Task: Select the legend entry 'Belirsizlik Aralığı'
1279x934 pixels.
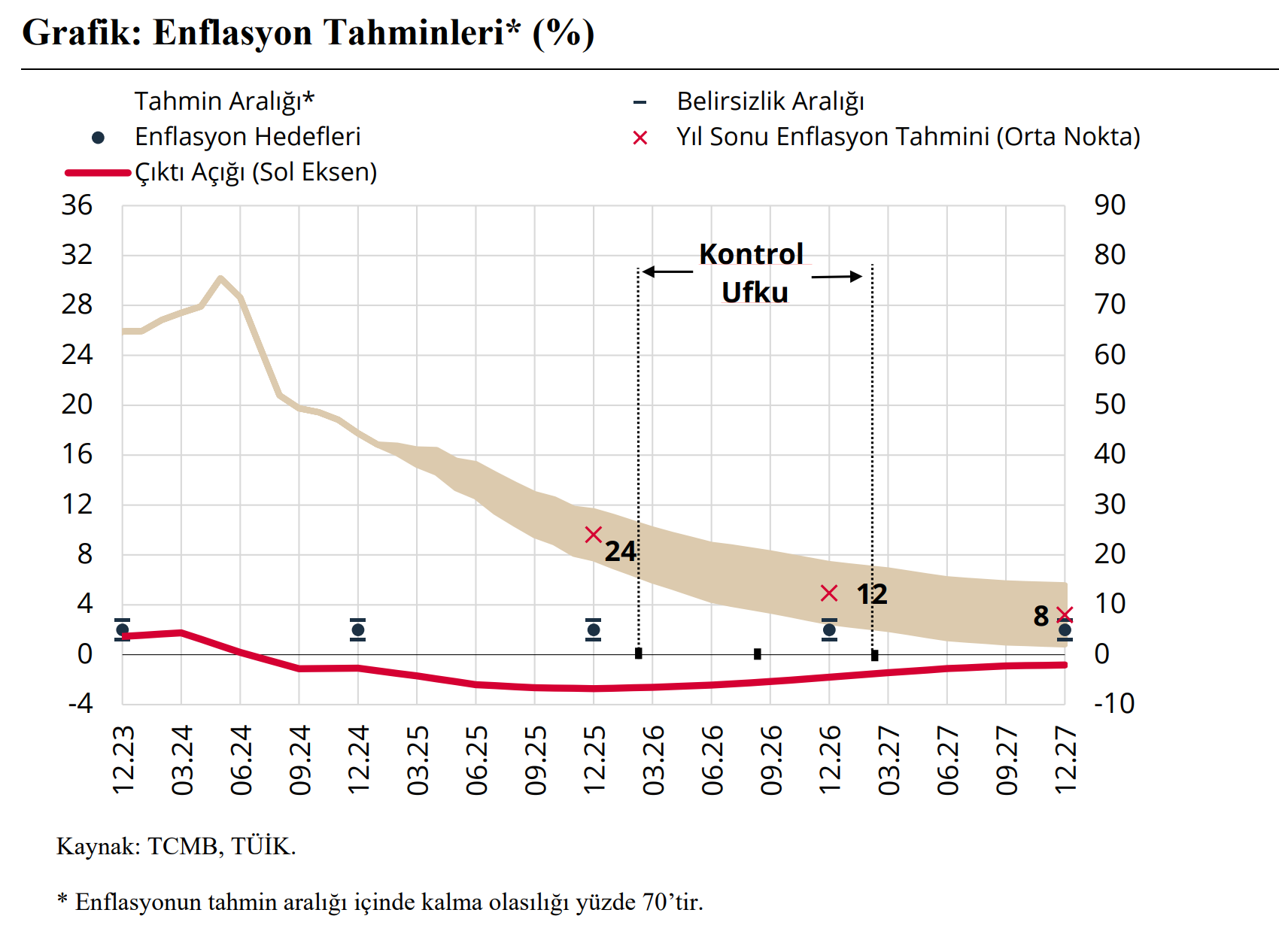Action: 770,102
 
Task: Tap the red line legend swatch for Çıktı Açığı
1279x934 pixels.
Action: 98,173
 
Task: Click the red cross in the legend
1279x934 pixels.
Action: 640,138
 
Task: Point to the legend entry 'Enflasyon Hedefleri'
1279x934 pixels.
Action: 248,137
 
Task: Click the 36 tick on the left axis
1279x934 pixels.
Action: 77,205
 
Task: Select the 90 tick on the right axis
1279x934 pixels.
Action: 1110,205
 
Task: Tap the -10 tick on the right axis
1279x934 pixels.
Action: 1113,704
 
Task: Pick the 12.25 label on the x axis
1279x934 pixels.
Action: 594,760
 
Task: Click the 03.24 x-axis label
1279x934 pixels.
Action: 182,760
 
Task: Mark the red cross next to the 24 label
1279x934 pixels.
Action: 594,535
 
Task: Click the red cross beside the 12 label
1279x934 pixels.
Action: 829,593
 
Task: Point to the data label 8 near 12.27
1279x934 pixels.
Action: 1041,617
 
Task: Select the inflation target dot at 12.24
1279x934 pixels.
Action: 358,630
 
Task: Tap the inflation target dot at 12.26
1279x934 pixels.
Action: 829,630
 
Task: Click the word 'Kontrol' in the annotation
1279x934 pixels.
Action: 751,254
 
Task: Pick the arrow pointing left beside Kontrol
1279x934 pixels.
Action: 667,271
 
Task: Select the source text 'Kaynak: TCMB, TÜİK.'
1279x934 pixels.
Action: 176,847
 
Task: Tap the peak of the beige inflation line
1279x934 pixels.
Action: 220,278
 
